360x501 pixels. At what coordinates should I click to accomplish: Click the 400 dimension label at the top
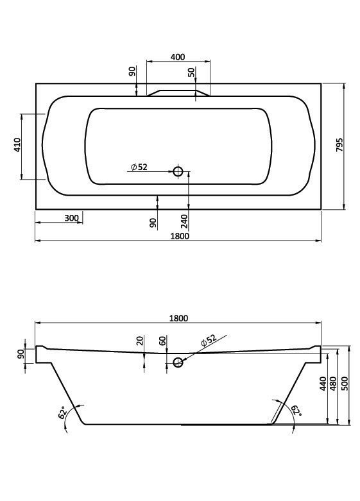[x=178, y=57]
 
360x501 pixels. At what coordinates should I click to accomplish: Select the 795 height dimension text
[x=339, y=145]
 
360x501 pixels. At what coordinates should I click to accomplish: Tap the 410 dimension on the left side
[x=17, y=145]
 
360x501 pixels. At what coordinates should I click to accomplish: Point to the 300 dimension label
[x=71, y=218]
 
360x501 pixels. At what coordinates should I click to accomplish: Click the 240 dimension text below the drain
[x=184, y=221]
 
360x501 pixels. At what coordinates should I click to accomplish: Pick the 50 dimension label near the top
[x=191, y=72]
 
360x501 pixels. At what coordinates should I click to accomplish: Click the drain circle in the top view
[x=178, y=171]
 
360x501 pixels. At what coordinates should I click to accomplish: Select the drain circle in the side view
[x=178, y=362]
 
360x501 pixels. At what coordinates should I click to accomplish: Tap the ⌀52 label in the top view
[x=139, y=167]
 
